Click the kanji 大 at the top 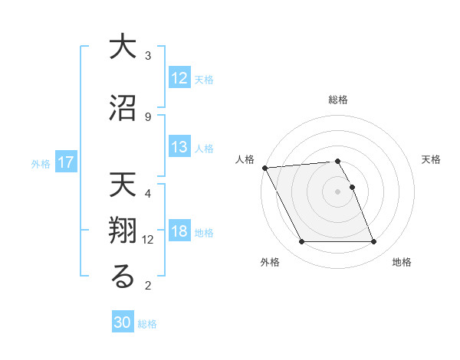(x=123, y=47)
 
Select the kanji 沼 (x=123, y=108)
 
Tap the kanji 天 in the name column (x=123, y=186)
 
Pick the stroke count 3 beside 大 (x=148, y=56)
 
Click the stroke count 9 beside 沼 (x=148, y=116)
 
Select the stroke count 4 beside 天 (x=148, y=193)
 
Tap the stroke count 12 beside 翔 (x=148, y=239)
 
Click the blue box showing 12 (x=179, y=78)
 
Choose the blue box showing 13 (x=179, y=147)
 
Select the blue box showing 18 (x=179, y=231)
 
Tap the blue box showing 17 (x=66, y=162)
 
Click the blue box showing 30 (x=123, y=322)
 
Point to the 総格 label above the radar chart (x=338, y=100)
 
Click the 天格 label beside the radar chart (x=432, y=159)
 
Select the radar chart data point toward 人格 (x=264, y=168)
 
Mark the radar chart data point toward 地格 (x=374, y=242)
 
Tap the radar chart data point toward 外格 (x=301, y=242)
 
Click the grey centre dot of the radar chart (x=338, y=191)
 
